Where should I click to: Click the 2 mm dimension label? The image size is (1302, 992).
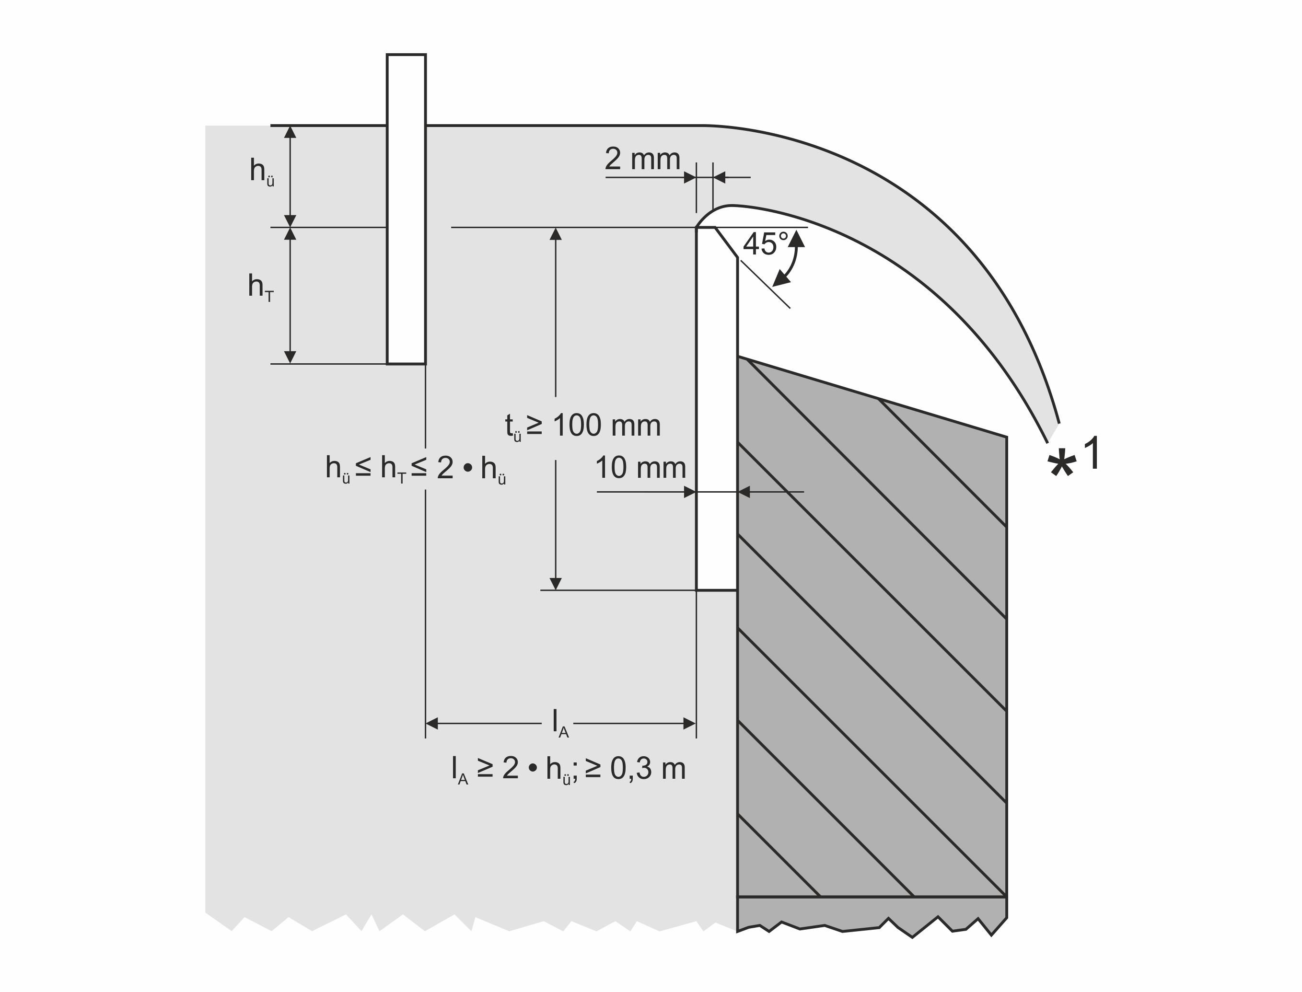tap(642, 159)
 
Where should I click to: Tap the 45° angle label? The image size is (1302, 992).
tap(766, 244)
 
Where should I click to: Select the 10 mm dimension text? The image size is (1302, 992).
tap(640, 468)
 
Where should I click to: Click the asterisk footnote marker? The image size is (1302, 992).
tap(1061, 464)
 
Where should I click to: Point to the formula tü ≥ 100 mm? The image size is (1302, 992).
tap(582, 427)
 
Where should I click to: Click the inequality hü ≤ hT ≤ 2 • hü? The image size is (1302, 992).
tap(415, 470)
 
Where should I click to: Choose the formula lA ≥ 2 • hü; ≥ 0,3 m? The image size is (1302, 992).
tap(568, 771)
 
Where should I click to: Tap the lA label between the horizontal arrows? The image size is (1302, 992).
tap(559, 723)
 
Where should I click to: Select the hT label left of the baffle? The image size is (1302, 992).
tap(260, 287)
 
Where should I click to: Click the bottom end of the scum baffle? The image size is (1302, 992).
tap(407, 364)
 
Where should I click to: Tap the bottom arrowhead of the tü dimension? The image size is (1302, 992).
tap(555, 583)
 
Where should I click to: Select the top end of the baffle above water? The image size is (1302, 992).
tap(407, 55)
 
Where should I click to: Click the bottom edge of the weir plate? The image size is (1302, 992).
tap(717, 590)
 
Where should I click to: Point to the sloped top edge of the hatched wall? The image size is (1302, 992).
tap(872, 397)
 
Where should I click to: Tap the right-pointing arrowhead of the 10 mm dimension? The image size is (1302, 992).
tap(690, 492)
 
